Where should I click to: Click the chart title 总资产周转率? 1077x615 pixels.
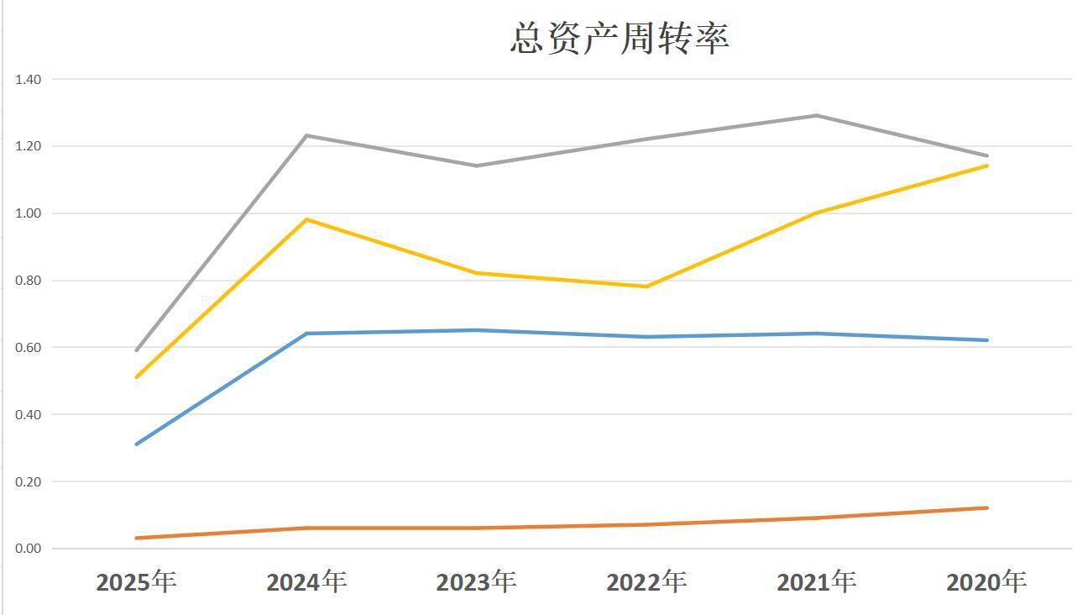click(620, 39)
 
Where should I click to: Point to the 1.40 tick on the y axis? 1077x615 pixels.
click(28, 79)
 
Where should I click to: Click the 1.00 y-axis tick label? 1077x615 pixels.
click(28, 213)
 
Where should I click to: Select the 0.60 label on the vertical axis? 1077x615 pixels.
click(28, 347)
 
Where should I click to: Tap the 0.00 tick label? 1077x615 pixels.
click(28, 549)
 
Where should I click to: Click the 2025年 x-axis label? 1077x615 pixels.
click(136, 581)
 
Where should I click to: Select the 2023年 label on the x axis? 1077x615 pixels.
click(476, 581)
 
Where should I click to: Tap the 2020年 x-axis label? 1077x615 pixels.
click(986, 581)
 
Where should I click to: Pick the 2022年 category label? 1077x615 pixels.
click(646, 581)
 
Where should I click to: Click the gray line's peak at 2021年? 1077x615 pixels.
click(816, 115)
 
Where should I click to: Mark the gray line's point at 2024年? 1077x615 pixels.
click(306, 135)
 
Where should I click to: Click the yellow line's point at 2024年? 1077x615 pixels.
click(306, 219)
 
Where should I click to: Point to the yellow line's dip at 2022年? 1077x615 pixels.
click(646, 286)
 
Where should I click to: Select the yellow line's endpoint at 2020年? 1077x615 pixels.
click(987, 166)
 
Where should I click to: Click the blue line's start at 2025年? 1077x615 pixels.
click(136, 444)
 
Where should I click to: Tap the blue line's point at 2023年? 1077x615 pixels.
click(476, 330)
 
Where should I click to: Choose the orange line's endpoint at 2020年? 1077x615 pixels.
click(987, 507)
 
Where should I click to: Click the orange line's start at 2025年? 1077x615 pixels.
click(136, 538)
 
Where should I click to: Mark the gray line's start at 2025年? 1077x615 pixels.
click(136, 350)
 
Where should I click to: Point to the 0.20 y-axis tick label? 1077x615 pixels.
click(28, 481)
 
